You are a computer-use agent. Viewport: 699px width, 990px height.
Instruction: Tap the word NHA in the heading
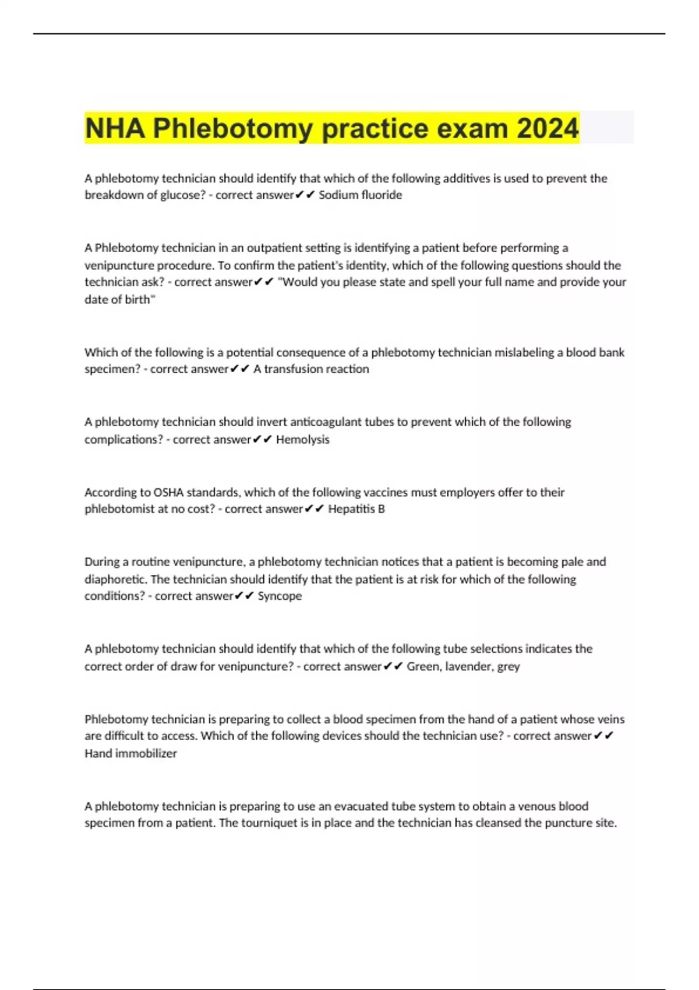[115, 128]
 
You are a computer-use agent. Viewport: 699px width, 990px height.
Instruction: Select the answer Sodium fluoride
[360, 195]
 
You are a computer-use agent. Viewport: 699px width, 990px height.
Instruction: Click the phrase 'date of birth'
[119, 299]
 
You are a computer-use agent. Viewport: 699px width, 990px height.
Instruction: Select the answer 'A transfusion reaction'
[311, 369]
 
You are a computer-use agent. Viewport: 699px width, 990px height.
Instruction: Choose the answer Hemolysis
[302, 440]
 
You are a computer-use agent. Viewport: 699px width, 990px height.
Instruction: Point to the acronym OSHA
[168, 493]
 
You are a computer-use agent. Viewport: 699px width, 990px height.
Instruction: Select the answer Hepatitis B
[356, 509]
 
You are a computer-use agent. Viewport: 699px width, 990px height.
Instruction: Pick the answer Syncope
[280, 596]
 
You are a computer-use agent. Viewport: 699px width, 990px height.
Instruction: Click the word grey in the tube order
[509, 667]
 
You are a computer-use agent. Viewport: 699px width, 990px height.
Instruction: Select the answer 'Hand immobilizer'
[130, 754]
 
